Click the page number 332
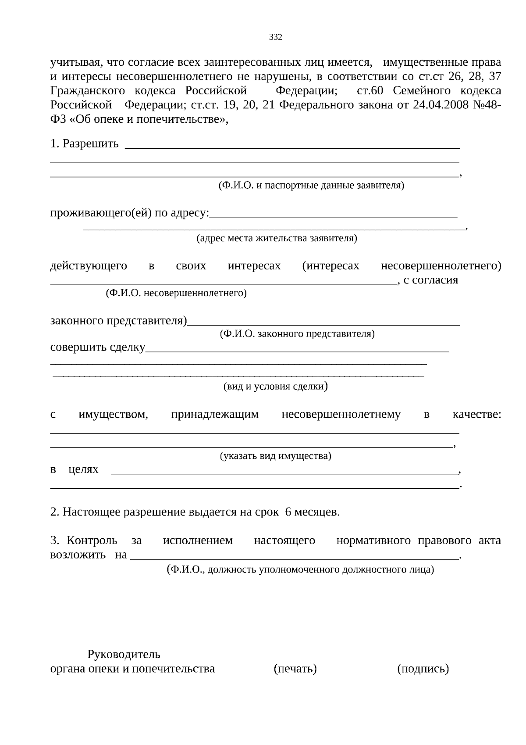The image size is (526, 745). pos(275,37)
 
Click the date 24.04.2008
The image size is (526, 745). pos(443,105)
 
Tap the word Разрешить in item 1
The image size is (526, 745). pos(91,143)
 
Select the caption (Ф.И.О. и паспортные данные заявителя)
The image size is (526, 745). pos(311,185)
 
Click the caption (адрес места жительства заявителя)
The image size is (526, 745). pos(277,238)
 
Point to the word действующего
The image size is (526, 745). pos(89,266)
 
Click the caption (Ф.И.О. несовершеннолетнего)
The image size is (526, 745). pos(176,293)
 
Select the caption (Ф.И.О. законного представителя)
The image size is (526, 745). pos(297,334)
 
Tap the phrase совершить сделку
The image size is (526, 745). pos(98,347)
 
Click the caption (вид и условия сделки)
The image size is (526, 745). pos(276,387)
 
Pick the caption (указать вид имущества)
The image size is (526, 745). pos(275,456)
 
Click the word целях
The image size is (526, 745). pos(83,469)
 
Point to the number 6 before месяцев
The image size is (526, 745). pos(288,512)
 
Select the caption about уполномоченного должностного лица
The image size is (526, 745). pos(301,569)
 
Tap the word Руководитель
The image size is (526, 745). pos(124,654)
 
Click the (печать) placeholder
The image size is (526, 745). pos(295,669)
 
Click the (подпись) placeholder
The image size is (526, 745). pos(423,669)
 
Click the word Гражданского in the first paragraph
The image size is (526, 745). pos(88,91)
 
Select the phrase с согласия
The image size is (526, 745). pos(430,280)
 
